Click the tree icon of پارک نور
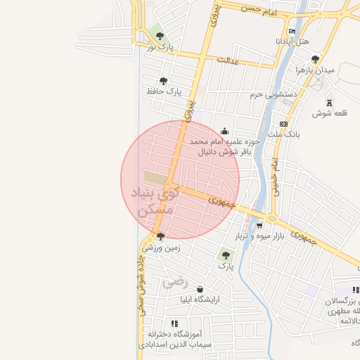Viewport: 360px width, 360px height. coord(160,35)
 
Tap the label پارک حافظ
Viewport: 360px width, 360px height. coord(164,91)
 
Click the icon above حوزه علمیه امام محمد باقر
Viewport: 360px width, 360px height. coord(224,130)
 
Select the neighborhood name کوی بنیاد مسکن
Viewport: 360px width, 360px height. coord(155,200)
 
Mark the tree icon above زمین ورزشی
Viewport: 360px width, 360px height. coord(161,236)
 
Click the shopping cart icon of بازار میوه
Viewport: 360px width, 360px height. coord(260,226)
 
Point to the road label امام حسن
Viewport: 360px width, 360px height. coord(259,11)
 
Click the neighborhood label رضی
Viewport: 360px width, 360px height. coord(176,283)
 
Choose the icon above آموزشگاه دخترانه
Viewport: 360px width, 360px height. coord(174,323)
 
